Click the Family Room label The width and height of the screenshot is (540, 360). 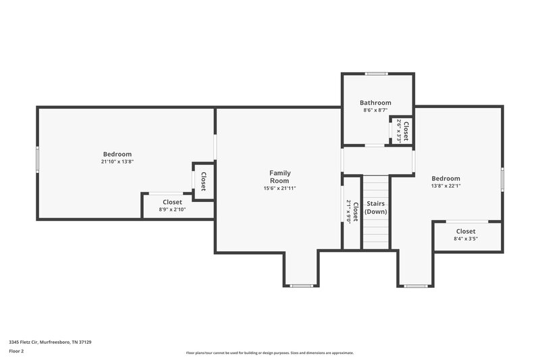click(279, 177)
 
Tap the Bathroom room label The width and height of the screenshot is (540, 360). click(375, 103)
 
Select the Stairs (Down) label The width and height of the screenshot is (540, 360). click(375, 207)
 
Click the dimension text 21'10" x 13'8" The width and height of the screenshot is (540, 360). click(117, 162)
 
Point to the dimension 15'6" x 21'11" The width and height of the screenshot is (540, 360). click(279, 188)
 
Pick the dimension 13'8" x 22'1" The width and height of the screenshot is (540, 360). click(446, 186)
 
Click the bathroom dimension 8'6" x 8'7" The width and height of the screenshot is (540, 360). click(375, 110)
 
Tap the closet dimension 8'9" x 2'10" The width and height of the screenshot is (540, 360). click(172, 209)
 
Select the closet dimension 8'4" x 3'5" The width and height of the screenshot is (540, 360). click(466, 238)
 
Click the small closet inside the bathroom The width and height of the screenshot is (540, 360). click(402, 130)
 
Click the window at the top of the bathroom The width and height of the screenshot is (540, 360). click(376, 74)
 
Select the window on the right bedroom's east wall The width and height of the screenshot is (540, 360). click(502, 180)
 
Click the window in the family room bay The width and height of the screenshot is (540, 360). click(301, 286)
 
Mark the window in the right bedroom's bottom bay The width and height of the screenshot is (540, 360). click(416, 286)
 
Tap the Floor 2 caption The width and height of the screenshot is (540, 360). click(16, 351)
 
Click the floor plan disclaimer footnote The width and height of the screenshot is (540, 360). click(269, 353)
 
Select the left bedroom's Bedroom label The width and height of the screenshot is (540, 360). click(117, 154)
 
